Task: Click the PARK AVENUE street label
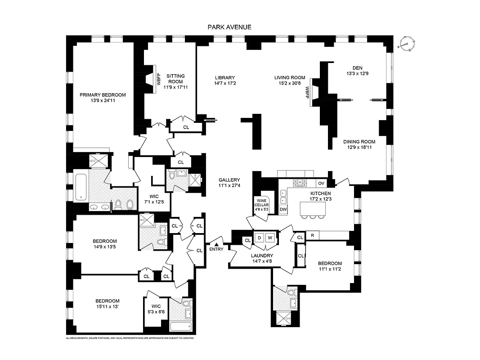point(229,27)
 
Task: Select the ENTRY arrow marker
point(216,244)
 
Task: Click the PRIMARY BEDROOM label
point(103,95)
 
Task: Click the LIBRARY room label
point(224,77)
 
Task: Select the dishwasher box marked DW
point(283,209)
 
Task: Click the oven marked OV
point(321,183)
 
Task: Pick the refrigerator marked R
point(312,235)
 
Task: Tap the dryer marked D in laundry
point(260,237)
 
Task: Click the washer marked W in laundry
point(271,237)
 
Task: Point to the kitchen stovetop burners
point(301,183)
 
